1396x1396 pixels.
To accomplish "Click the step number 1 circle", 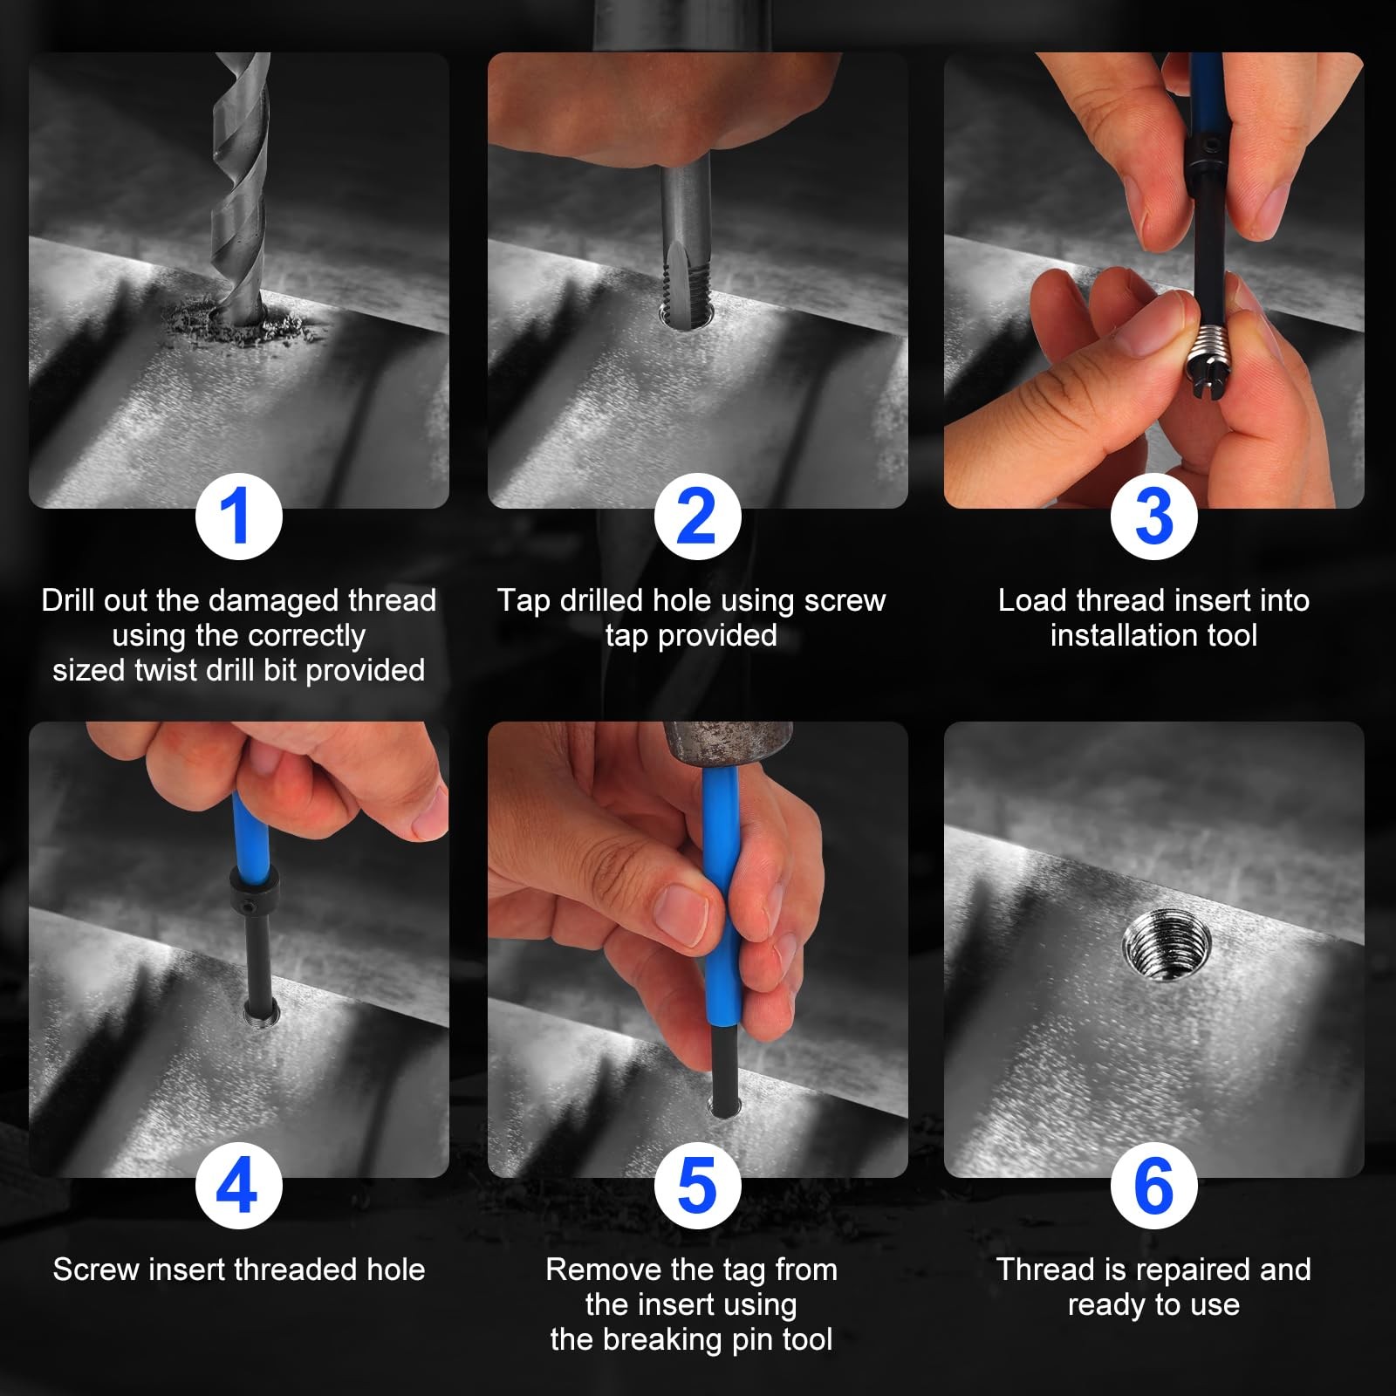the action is (x=238, y=516).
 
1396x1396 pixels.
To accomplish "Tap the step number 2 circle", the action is (x=697, y=516).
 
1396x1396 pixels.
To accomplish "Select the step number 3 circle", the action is (x=1153, y=516).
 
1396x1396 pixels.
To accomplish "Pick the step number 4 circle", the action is (x=238, y=1186).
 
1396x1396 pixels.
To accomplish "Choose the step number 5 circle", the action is (x=697, y=1186).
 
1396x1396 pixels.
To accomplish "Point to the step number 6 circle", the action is (x=1153, y=1186).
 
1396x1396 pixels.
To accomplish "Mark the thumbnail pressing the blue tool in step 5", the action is (x=682, y=914).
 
